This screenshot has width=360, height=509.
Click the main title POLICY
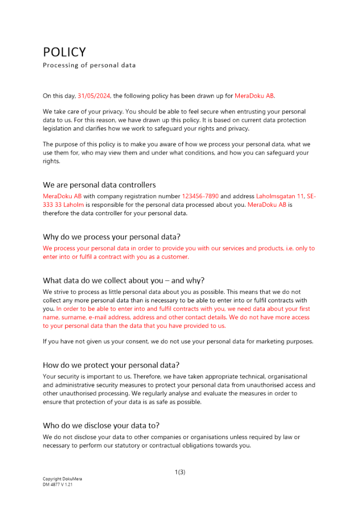(64, 52)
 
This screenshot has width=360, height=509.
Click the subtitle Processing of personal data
(89, 65)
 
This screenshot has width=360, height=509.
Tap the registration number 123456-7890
(200, 196)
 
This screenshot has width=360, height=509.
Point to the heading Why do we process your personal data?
(112, 237)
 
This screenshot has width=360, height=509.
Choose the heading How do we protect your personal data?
(111, 365)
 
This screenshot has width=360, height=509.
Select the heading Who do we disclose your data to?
(105, 425)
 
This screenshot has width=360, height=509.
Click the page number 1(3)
(180, 472)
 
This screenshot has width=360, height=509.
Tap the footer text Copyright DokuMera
(62, 479)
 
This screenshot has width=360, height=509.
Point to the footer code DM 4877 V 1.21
(60, 485)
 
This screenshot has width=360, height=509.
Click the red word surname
(74, 318)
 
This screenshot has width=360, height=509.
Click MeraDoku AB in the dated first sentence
(254, 96)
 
